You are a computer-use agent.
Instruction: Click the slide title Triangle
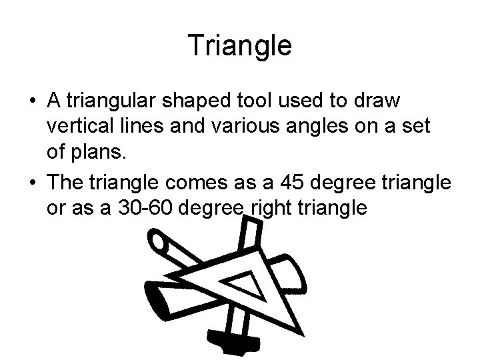pyautogui.click(x=240, y=45)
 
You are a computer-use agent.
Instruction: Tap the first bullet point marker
pyautogui.click(x=32, y=101)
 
